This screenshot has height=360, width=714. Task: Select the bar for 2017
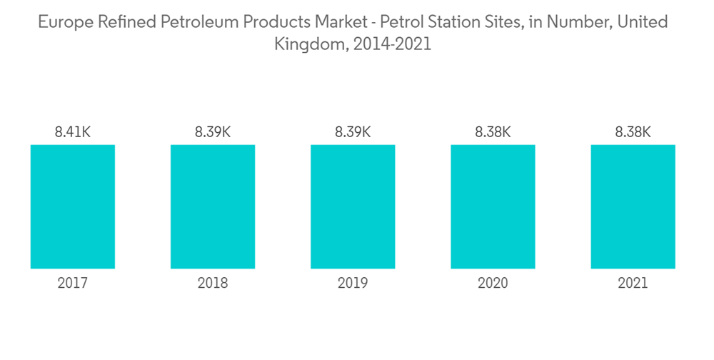click(72, 206)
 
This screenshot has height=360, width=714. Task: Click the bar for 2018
click(212, 206)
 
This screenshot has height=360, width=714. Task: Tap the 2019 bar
click(353, 206)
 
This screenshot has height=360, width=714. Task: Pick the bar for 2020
click(493, 206)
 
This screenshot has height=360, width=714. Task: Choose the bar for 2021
click(633, 206)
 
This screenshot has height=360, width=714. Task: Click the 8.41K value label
click(72, 132)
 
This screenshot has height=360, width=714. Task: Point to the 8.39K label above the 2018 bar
click(212, 132)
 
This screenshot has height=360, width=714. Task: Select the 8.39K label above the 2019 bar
click(353, 132)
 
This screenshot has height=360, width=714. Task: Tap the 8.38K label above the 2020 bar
click(493, 132)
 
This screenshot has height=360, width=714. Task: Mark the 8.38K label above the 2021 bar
click(633, 132)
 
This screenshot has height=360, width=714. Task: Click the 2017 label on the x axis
click(72, 284)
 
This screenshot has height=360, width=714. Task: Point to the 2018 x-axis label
click(212, 284)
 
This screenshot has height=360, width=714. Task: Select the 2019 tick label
click(353, 284)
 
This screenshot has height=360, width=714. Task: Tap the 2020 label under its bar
click(493, 284)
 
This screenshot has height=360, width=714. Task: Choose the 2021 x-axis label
click(633, 284)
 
